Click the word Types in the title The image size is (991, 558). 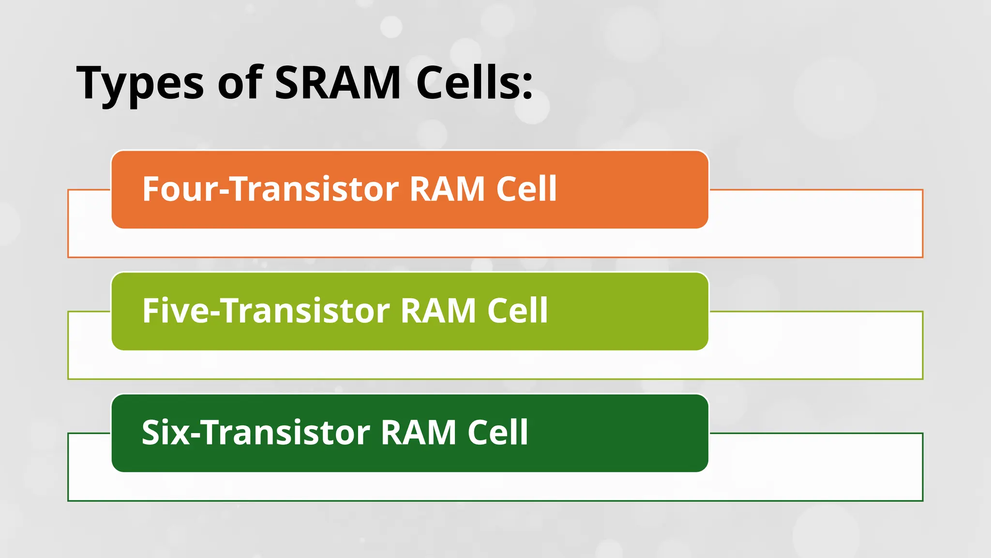click(140, 83)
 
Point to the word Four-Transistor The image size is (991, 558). click(270, 189)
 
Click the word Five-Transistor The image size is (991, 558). click(266, 310)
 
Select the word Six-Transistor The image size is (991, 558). click(256, 432)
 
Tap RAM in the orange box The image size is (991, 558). click(447, 189)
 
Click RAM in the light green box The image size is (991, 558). click(438, 310)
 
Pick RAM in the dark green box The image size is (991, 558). click(419, 432)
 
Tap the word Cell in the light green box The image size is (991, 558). click(517, 310)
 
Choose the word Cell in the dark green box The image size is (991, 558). click(498, 432)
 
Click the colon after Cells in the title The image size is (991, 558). click(527, 87)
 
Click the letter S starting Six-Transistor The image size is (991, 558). click(152, 432)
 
